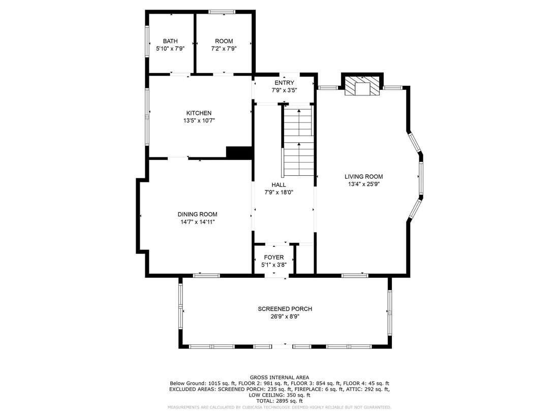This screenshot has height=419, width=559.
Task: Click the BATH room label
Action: point(170,41)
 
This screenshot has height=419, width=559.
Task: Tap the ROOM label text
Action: point(224,41)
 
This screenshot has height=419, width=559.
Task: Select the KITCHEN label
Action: point(199,113)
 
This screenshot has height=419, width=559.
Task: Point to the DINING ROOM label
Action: point(198,214)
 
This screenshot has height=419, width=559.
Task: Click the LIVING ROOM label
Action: point(364,176)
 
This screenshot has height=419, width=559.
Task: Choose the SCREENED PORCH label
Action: point(285,309)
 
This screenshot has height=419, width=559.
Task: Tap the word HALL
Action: point(279,184)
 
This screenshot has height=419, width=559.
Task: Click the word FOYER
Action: point(274,257)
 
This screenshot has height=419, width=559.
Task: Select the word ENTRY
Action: point(285,83)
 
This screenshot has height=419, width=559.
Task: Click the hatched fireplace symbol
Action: point(362,86)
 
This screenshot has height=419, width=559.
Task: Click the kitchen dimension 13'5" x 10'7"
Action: point(199,121)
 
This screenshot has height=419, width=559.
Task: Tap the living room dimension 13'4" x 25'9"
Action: point(364,184)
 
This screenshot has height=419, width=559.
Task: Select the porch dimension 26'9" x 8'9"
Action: point(285,316)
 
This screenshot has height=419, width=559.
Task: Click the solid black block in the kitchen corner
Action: point(239,152)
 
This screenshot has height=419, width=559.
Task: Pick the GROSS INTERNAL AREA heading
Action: point(279,377)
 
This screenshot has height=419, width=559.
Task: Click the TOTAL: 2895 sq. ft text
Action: point(279,401)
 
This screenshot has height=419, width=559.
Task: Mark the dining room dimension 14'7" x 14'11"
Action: point(198,222)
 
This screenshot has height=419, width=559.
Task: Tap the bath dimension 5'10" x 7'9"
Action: point(170,49)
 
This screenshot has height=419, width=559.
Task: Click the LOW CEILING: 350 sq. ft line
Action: point(279,395)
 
